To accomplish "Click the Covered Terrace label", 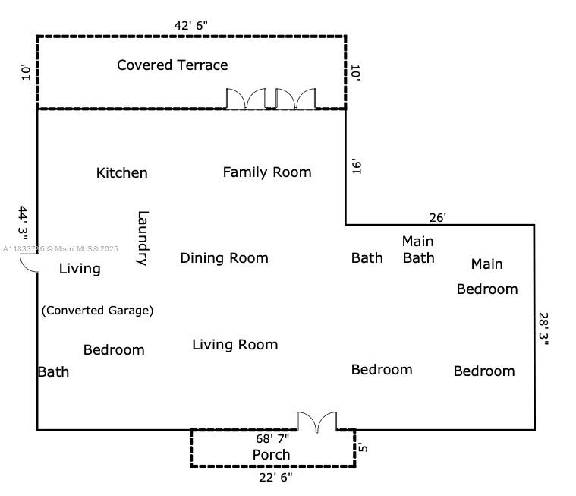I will click(172, 65).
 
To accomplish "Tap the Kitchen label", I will click(121, 173).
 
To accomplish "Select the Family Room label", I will click(267, 172).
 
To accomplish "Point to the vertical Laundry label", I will click(142, 238).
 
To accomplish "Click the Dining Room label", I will click(224, 258).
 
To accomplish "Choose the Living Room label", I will click(234, 345).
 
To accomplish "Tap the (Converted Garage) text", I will click(97, 310).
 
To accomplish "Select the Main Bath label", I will click(418, 250).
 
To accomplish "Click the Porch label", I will click(271, 454).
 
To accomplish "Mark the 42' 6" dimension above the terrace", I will click(190, 25).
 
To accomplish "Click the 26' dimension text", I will click(438, 217).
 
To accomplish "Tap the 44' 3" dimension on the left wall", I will click(24, 223).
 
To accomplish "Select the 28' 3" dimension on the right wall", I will click(544, 329).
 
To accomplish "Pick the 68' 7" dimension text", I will click(272, 438).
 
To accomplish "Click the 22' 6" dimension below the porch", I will click(275, 477).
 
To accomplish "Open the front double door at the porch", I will click(316, 422).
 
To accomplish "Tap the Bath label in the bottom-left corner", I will click(53, 371).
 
